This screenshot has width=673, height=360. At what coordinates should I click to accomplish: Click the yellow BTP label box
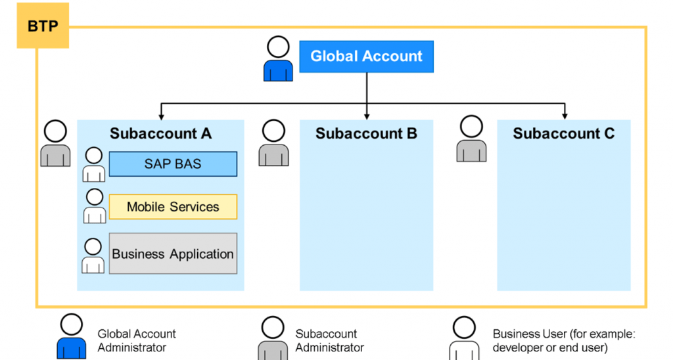(43, 26)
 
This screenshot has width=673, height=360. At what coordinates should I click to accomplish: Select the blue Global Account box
(367, 56)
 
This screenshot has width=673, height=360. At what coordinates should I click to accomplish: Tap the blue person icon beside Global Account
(278, 58)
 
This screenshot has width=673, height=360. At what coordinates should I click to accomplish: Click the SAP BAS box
(173, 164)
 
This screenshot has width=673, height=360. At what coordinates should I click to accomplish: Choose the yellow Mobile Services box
(173, 207)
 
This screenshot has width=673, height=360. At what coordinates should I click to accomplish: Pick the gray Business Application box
(173, 254)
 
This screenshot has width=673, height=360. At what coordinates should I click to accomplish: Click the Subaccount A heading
(160, 133)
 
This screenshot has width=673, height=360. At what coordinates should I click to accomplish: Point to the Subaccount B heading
(366, 133)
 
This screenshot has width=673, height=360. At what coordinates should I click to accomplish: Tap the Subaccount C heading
(563, 133)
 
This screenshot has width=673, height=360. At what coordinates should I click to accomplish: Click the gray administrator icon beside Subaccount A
(55, 143)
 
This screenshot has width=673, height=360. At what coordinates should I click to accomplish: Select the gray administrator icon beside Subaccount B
(274, 143)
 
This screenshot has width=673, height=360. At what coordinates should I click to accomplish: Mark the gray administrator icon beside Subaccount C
(471, 139)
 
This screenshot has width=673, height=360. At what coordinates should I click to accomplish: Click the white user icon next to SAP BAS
(93, 165)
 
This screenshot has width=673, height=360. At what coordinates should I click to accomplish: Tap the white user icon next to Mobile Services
(95, 206)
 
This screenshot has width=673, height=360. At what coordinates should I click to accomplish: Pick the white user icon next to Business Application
(93, 256)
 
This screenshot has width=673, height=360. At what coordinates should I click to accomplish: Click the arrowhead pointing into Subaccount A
(161, 117)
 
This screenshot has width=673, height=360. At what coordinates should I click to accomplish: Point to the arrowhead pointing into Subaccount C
(565, 116)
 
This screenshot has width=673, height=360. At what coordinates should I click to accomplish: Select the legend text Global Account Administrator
(137, 341)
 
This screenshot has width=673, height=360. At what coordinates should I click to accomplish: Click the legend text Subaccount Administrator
(330, 341)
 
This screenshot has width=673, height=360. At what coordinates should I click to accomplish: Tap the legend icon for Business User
(464, 338)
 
